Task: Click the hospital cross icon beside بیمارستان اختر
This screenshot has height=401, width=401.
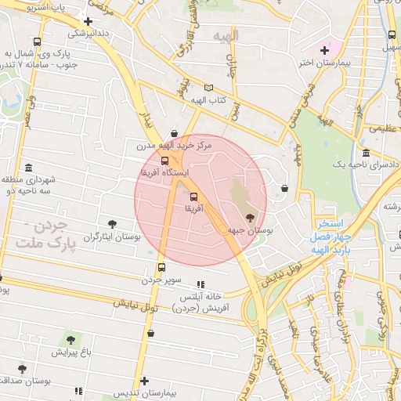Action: tap(324, 50)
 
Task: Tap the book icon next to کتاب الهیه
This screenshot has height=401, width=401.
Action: tap(208, 88)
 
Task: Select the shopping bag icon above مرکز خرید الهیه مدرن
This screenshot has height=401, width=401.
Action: tap(173, 132)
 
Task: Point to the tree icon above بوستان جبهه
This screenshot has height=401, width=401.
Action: tap(250, 218)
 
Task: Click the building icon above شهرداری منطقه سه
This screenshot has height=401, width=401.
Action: tap(29, 168)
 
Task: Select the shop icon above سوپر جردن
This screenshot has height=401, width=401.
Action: tap(161, 267)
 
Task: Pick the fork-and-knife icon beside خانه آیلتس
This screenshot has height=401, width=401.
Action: tap(200, 284)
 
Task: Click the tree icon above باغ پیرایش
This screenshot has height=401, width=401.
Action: tap(70, 340)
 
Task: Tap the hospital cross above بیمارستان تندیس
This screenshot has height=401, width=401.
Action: tap(143, 379)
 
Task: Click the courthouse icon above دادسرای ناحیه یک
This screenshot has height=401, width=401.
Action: tap(367, 152)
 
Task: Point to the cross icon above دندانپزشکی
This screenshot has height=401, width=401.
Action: tap(88, 22)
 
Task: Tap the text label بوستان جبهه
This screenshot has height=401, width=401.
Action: tap(250, 231)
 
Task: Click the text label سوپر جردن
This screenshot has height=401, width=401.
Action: tap(161, 280)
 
